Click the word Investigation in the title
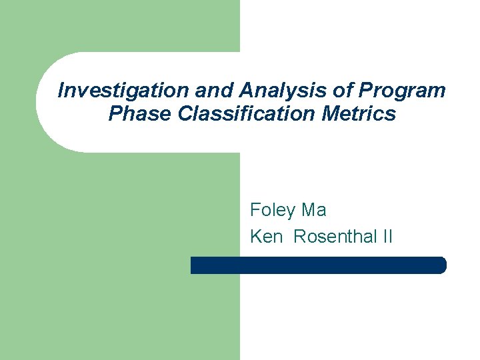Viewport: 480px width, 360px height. (110, 91)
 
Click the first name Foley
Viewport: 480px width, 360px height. (273, 211)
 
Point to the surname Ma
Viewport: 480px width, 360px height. (314, 211)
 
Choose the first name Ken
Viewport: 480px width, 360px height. (267, 237)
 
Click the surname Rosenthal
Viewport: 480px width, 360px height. (331, 237)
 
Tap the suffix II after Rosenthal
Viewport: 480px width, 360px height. (387, 237)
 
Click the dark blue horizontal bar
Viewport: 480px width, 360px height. (318, 265)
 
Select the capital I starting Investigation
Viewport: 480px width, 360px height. (61, 91)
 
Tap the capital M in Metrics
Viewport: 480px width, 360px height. (331, 114)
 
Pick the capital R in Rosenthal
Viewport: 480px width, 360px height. (300, 237)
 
